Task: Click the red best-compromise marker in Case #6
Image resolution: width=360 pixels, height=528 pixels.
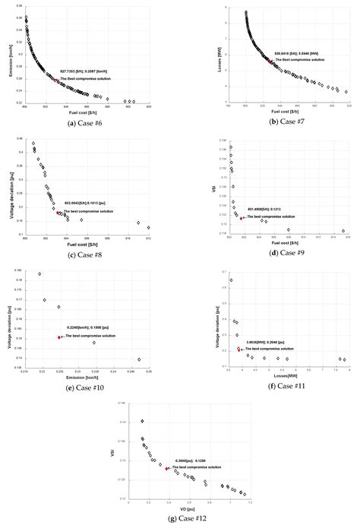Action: click(55, 80)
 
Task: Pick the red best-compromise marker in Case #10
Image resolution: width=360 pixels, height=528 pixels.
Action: click(59, 337)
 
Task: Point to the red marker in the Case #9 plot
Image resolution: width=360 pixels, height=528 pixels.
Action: click(242, 218)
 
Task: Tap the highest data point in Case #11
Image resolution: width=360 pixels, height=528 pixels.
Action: click(232, 280)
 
